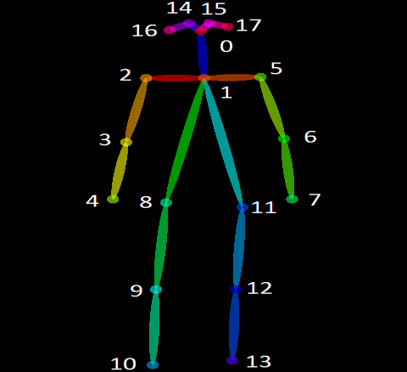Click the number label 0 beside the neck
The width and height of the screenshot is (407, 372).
[226, 46]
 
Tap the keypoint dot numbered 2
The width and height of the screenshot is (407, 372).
[146, 78]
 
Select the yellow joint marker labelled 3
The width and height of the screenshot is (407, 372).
[126, 142]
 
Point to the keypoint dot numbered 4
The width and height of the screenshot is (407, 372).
[113, 199]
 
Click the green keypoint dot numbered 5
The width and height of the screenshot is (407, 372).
[260, 76]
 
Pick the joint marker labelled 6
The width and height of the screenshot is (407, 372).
[284, 138]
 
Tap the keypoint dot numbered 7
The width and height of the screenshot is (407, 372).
[292, 199]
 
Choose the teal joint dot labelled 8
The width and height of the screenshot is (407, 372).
[166, 202]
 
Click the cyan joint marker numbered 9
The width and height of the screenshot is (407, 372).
[156, 290]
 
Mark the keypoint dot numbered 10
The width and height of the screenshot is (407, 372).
[153, 364]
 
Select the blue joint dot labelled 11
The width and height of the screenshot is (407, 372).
[243, 207]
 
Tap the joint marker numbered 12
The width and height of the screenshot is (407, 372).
[236, 290]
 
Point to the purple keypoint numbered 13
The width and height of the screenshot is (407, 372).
[232, 360]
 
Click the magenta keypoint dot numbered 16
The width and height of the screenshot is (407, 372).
[170, 30]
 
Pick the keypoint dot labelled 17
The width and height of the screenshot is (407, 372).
[227, 26]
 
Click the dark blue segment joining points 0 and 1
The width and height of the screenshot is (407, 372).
[203, 54]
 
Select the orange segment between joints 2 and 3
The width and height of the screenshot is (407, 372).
[137, 110]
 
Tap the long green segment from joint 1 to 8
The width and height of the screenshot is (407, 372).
[185, 140]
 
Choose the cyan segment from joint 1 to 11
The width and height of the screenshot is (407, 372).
[223, 143]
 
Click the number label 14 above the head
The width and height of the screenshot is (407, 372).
[180, 8]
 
